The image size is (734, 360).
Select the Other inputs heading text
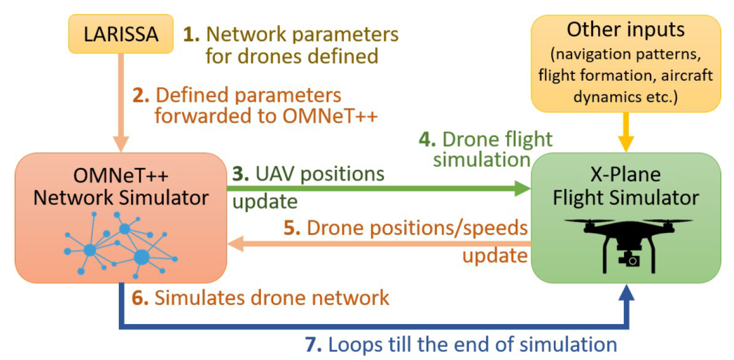coord(626,29)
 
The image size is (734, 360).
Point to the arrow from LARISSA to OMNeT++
coord(122,102)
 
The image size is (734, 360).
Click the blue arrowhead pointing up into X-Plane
coord(626,296)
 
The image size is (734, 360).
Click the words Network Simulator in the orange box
coord(121,198)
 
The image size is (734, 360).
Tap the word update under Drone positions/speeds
coord(495,255)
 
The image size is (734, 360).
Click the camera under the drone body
coord(631,259)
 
